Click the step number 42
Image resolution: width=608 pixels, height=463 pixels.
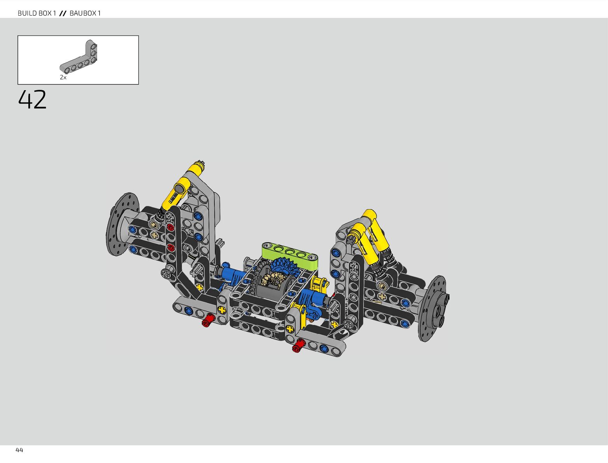(32, 99)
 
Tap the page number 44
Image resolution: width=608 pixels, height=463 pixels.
(19, 450)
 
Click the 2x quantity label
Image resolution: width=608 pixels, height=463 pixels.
(63, 77)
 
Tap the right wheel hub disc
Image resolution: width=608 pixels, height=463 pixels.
(433, 308)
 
